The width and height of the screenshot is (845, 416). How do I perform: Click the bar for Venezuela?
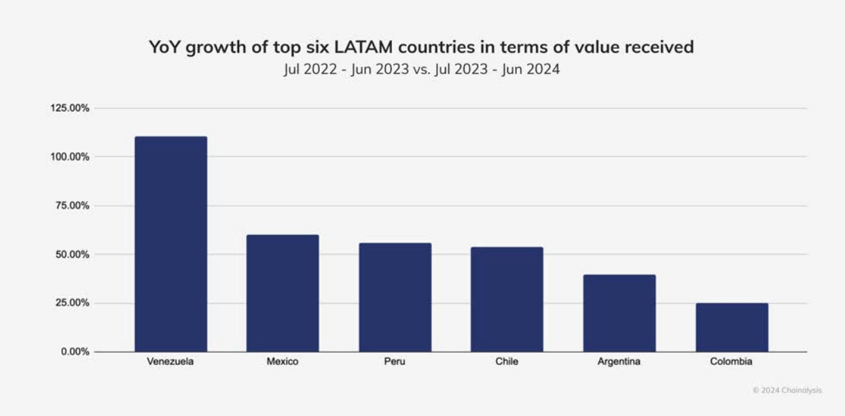[170, 244]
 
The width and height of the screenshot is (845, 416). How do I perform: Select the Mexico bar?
[283, 293]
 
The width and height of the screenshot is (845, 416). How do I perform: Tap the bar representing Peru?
[395, 297]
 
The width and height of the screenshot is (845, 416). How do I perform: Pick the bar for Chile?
[507, 299]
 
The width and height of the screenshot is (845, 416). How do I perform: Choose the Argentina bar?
[619, 313]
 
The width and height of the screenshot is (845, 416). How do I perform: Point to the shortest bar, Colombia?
[732, 327]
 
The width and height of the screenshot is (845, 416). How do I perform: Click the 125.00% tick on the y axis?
[70, 108]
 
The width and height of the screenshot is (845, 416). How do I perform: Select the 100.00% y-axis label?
[70, 157]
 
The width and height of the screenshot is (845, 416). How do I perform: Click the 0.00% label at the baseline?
[75, 352]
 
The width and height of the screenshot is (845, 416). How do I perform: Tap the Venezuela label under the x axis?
[170, 362]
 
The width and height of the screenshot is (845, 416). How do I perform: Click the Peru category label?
[395, 362]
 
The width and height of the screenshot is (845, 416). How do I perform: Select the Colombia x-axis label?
[732, 362]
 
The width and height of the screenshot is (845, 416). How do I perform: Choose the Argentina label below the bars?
[619, 362]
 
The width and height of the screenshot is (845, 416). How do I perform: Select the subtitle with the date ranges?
[421, 69]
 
